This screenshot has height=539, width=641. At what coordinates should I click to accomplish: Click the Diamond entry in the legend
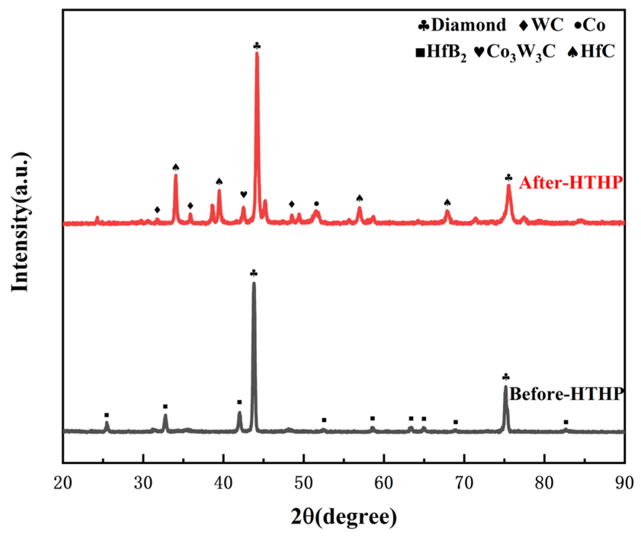click(462, 25)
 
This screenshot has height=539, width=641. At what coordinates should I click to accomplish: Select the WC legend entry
click(541, 25)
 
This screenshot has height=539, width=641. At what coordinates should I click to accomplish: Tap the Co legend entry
click(590, 25)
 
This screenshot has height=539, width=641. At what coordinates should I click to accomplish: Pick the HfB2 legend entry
click(441, 52)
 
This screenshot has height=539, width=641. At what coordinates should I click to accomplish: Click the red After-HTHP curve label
click(570, 183)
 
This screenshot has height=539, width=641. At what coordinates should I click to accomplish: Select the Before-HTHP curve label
click(566, 394)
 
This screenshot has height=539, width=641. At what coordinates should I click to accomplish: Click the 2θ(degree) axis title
click(344, 517)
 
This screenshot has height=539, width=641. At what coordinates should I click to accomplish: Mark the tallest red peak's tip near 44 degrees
click(257, 53)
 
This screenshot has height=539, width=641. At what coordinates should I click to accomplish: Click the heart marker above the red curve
click(244, 194)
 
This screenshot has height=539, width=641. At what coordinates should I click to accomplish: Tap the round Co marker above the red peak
click(316, 204)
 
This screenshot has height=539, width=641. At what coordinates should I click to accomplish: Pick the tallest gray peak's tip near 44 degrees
click(254, 283)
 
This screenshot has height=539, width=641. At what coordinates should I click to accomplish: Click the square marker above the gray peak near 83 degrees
click(566, 422)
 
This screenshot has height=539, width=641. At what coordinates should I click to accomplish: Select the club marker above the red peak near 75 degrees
click(508, 178)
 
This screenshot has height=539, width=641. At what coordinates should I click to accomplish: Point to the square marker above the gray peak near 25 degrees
click(107, 415)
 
